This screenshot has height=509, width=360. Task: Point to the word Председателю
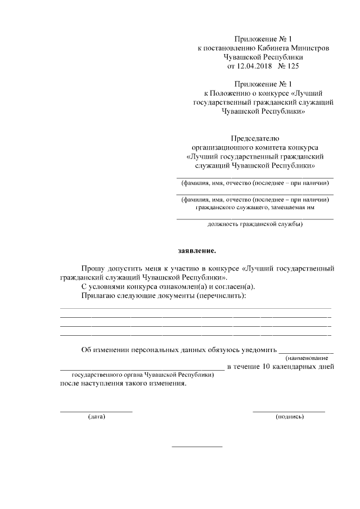click(255, 138)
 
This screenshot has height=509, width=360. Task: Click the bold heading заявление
click(193, 250)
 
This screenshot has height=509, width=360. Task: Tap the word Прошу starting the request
click(94, 268)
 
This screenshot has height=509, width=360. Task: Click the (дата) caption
click(97, 417)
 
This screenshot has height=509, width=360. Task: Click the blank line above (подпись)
click(289, 411)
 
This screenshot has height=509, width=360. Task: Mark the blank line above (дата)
click(96, 411)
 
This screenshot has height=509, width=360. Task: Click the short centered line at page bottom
click(197, 447)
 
